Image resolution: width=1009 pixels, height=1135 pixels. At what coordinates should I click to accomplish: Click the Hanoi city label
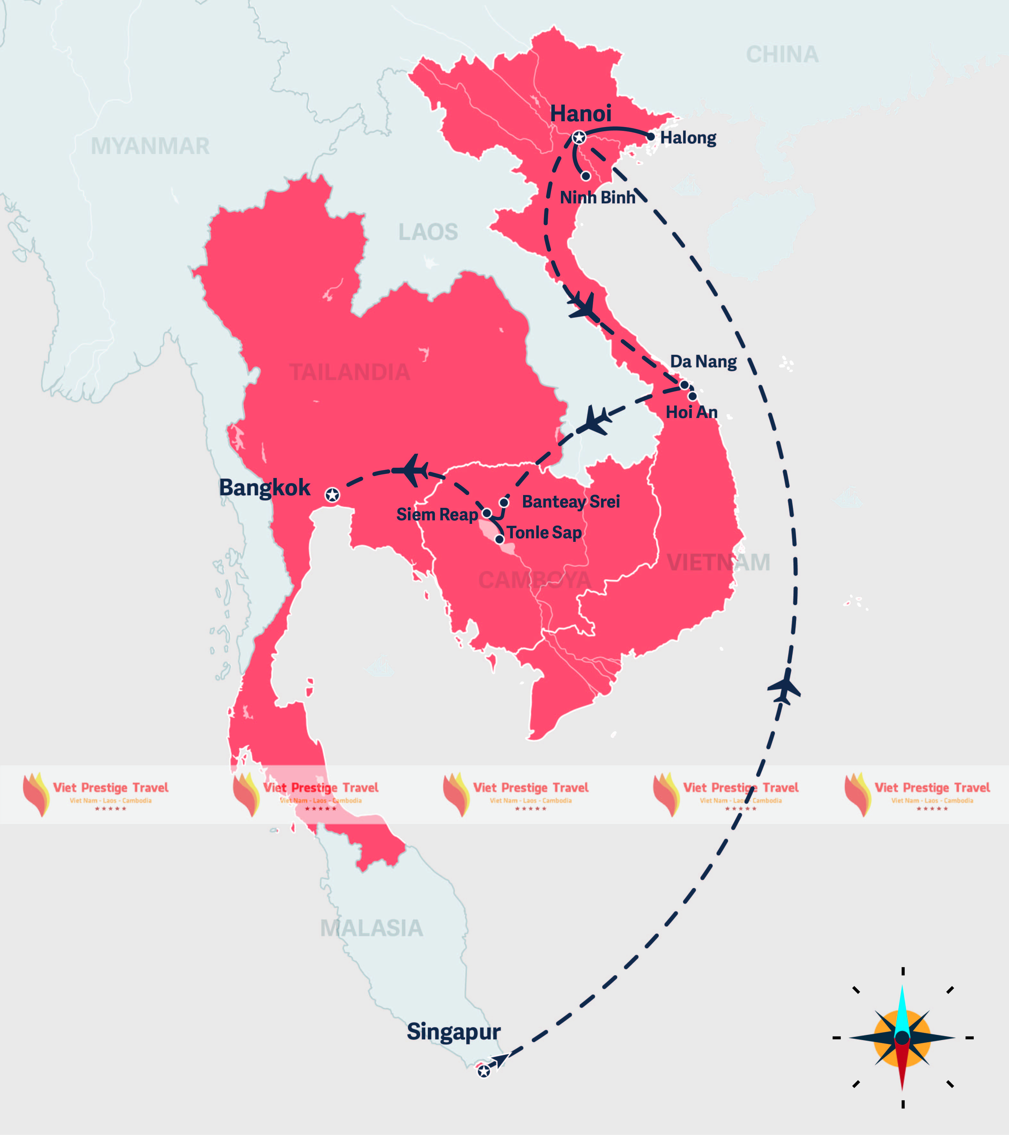click(581, 114)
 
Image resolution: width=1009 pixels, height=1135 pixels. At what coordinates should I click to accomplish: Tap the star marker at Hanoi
click(579, 137)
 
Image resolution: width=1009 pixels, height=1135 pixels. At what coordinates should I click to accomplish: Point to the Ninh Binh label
click(597, 197)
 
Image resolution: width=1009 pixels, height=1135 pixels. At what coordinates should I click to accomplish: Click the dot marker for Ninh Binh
click(586, 176)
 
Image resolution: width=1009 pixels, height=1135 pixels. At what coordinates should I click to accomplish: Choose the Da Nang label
click(703, 362)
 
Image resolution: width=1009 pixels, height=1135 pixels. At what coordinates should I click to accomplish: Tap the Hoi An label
click(691, 412)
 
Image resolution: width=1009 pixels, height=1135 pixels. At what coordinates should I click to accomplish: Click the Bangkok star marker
click(332, 495)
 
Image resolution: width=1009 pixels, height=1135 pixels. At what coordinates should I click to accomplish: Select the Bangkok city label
click(264, 488)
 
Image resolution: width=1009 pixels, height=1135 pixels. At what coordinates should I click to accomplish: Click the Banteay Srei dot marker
click(504, 502)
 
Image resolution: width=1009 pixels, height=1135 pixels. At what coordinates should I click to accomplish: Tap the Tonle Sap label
click(544, 533)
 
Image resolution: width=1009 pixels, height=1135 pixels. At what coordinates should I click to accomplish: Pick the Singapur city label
click(454, 1031)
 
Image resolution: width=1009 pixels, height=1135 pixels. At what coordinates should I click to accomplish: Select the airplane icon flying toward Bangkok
click(411, 470)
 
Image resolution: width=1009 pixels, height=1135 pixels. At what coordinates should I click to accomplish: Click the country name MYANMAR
click(150, 146)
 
